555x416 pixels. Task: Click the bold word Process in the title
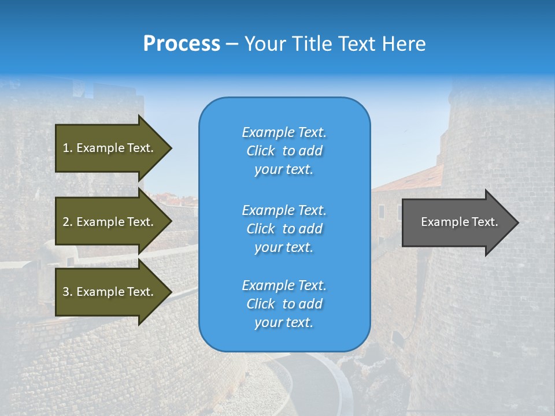click(182, 44)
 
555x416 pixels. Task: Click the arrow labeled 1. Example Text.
click(110, 148)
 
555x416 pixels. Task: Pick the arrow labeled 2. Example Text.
click(110, 222)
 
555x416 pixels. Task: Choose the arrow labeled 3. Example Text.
click(110, 292)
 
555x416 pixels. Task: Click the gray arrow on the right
click(457, 222)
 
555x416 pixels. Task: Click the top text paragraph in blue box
click(284, 151)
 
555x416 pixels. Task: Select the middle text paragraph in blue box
click(284, 229)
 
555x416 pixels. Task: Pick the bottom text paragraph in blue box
click(284, 304)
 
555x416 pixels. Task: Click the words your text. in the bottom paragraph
click(284, 323)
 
